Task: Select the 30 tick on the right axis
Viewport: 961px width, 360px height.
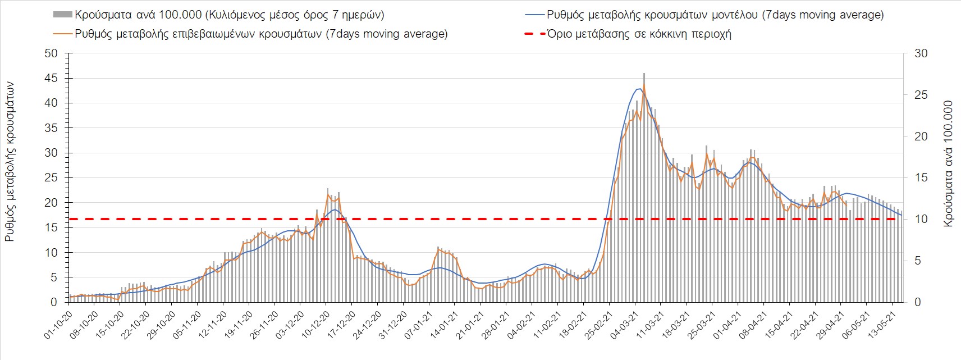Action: click(x=922, y=53)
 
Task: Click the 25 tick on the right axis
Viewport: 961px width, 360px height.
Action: click(x=922, y=95)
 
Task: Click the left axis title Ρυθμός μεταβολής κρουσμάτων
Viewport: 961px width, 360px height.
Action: click(x=10, y=162)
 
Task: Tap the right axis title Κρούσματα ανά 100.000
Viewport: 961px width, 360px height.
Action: click(x=949, y=163)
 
